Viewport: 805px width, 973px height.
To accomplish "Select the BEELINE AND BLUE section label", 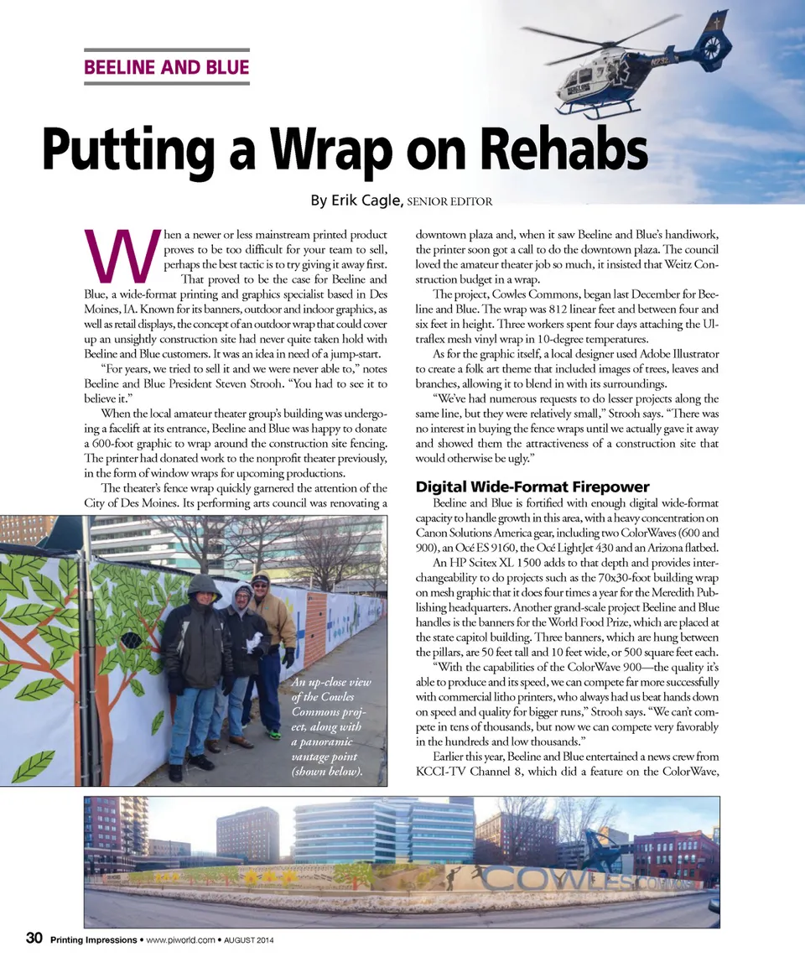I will (166, 66).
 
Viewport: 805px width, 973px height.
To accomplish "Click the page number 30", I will (34, 939).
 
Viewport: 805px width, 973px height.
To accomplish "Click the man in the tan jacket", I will (270, 621).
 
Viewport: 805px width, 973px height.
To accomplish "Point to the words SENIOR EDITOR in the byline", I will (449, 201).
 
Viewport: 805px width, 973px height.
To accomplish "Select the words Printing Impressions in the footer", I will (92, 939).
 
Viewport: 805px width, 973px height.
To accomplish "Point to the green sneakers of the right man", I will (273, 734).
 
